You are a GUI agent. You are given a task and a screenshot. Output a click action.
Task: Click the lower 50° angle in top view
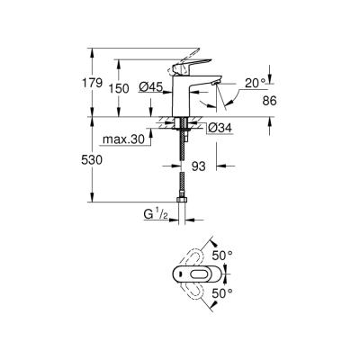222,292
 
